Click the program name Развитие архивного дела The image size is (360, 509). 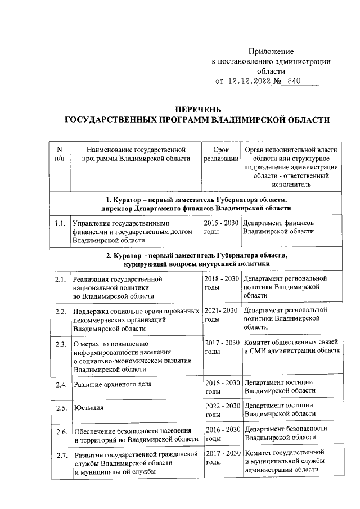pyautogui.click(x=115, y=385)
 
